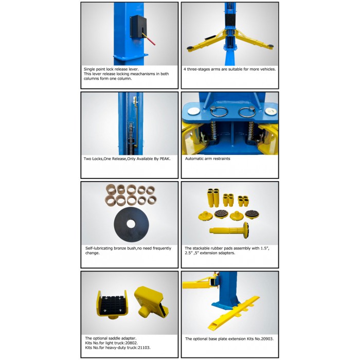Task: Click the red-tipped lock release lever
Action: coord(149,39)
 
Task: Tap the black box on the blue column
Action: coord(138,27)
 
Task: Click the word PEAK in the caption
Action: coord(165,158)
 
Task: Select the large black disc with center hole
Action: coord(131,224)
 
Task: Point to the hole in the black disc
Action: coord(131,224)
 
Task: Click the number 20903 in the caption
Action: coord(267,338)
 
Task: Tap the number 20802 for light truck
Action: coord(131,343)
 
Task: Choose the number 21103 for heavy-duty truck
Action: coord(143,348)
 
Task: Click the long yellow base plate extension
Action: coord(233,313)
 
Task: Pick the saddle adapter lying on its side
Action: coord(151,302)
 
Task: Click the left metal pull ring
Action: coord(219,112)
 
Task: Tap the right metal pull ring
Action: coord(247,112)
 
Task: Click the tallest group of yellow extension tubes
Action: coord(213,197)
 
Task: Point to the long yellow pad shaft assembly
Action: coord(229,229)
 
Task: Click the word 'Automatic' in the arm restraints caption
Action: coord(193,158)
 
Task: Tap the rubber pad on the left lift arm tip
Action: coord(190,48)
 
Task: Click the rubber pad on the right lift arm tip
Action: coord(270,46)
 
